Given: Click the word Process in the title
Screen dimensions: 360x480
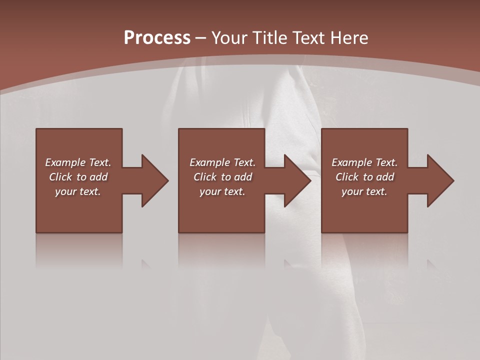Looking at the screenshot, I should click(x=157, y=38).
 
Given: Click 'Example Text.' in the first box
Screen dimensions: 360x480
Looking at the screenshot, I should click(x=78, y=162).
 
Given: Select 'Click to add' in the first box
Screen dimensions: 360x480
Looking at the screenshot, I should click(x=78, y=177).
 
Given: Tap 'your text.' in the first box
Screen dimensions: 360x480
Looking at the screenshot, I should click(x=78, y=191).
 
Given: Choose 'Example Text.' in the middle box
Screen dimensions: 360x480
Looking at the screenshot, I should click(x=222, y=162).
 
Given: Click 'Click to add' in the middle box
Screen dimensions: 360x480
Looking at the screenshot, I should click(x=222, y=177).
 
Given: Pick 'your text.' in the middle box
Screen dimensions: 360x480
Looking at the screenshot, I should click(x=222, y=191).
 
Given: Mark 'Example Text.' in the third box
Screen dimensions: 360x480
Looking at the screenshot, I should click(x=364, y=162).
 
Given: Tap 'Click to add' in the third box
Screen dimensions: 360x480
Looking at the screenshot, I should click(x=364, y=177).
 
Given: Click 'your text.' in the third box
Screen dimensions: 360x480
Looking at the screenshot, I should click(x=364, y=191).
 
